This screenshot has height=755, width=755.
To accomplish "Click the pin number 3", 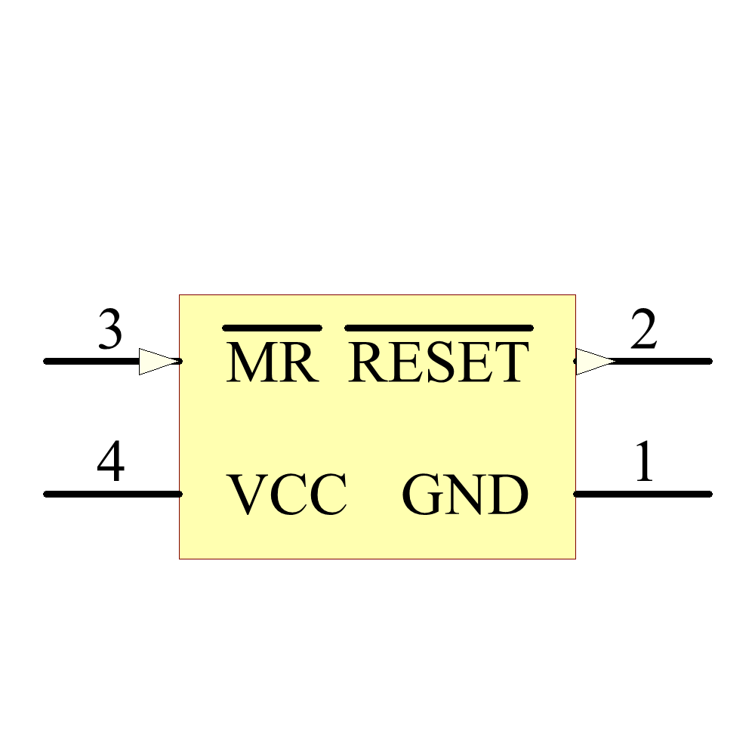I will (x=110, y=331).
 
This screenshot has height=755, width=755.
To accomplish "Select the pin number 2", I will (x=643, y=331).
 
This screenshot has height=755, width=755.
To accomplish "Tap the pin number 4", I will (x=110, y=463).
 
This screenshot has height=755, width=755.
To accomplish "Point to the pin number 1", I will (x=643, y=463).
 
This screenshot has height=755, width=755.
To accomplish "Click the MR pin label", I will (x=272, y=362).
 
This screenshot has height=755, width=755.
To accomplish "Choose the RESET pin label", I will (x=439, y=362).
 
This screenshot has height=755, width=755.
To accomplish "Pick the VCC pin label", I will (x=288, y=495).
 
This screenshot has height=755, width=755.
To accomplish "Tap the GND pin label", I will (x=464, y=495).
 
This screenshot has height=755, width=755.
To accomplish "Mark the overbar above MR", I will (x=273, y=328).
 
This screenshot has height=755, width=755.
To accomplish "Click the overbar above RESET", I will (x=439, y=328).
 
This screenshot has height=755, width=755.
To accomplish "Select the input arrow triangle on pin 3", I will (x=159, y=361).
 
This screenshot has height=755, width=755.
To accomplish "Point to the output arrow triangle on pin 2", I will (x=595, y=361).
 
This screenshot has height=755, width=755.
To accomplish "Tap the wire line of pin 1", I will (x=649, y=494).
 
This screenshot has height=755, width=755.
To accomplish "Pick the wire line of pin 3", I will (x=91, y=361).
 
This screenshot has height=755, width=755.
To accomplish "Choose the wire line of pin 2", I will (x=664, y=361).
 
